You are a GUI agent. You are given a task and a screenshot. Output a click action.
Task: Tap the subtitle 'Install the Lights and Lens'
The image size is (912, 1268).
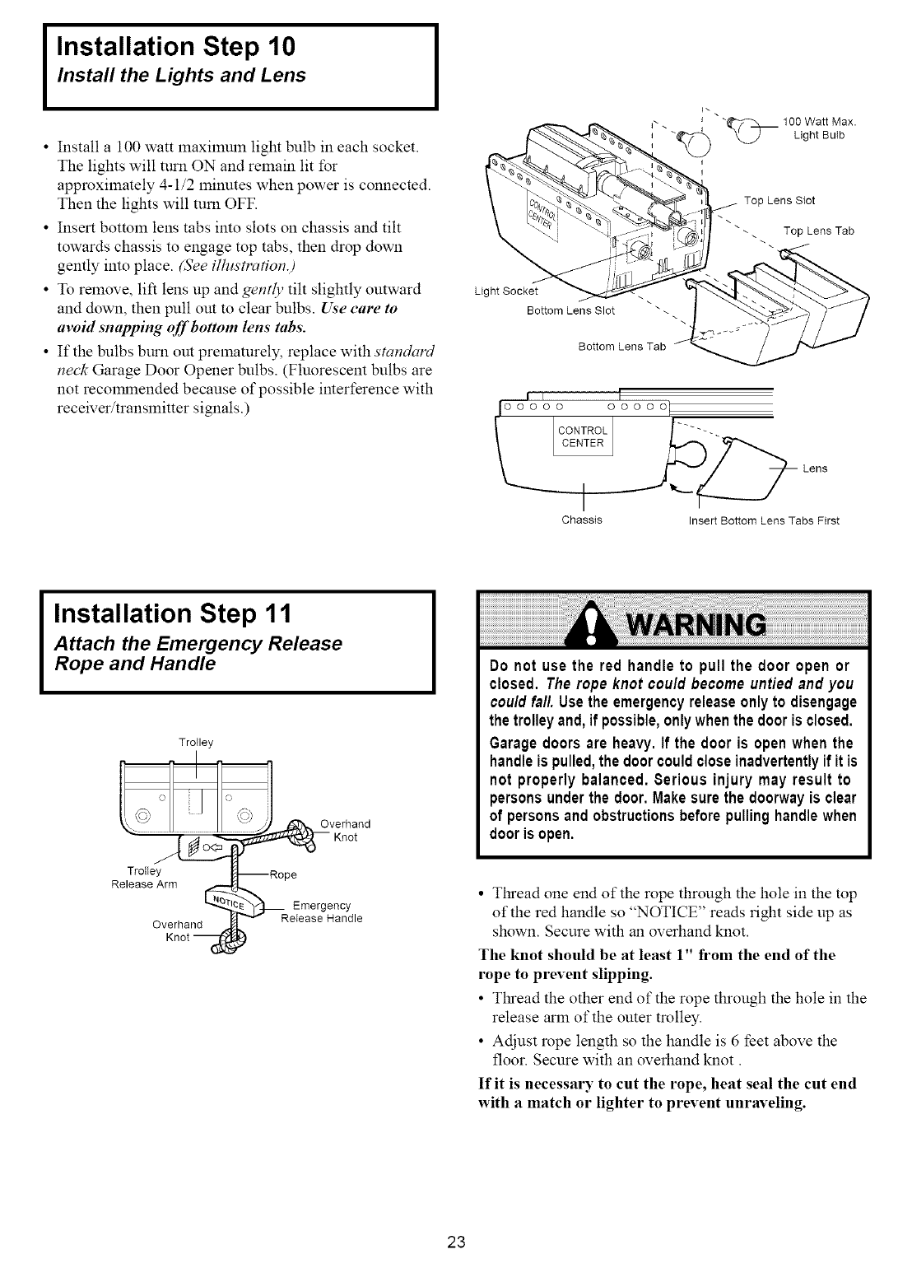tap(181, 76)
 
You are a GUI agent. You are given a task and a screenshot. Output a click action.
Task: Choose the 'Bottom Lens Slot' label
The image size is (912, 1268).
tap(570, 310)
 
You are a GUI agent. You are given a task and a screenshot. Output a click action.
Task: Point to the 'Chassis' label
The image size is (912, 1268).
tap(582, 520)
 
